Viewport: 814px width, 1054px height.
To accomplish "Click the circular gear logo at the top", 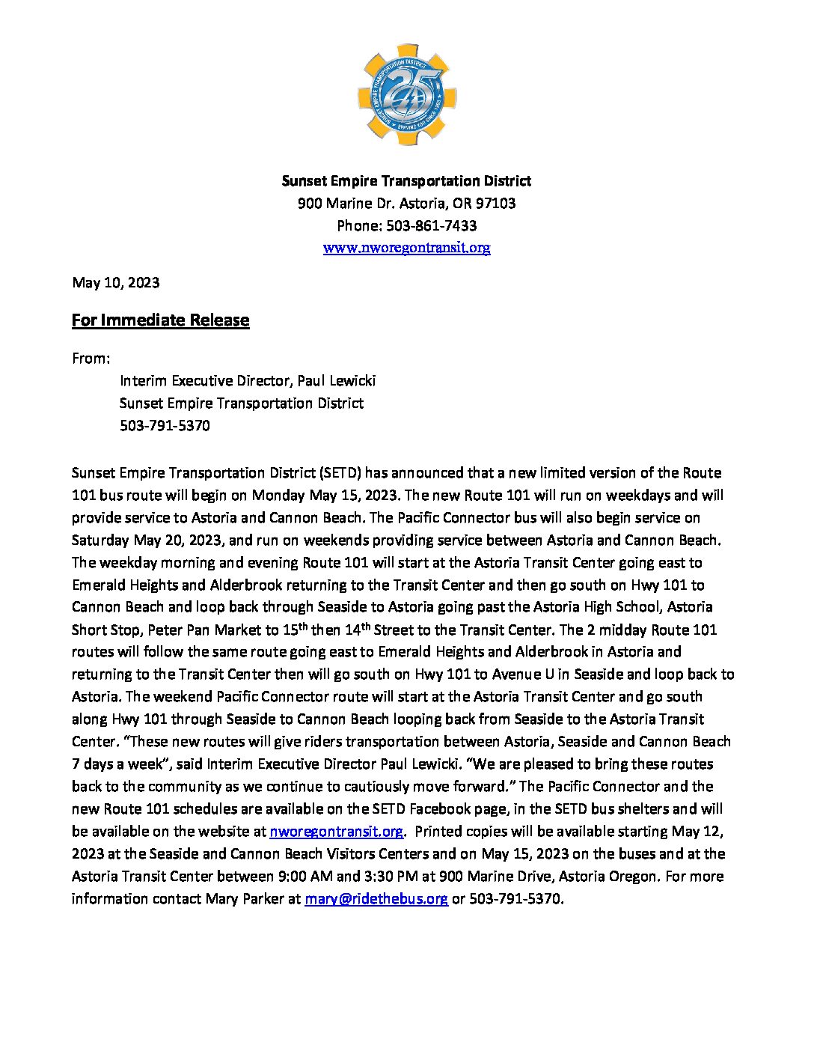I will click(407, 94).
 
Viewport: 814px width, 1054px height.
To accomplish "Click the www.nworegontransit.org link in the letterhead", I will click(406, 248).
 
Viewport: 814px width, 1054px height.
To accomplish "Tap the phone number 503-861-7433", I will click(431, 225).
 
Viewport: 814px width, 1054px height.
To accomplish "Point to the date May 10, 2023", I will click(115, 282).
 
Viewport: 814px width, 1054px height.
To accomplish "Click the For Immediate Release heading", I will click(160, 320).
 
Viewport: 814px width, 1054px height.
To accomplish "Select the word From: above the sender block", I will click(91, 359).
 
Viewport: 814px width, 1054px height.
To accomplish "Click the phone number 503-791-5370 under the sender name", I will click(165, 426).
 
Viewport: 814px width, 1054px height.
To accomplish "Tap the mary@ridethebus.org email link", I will click(376, 899).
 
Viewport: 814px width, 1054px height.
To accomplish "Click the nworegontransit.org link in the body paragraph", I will click(336, 832).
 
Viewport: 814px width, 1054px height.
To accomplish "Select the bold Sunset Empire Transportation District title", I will click(406, 180).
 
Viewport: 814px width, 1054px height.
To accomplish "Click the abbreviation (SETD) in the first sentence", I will click(340, 473).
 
